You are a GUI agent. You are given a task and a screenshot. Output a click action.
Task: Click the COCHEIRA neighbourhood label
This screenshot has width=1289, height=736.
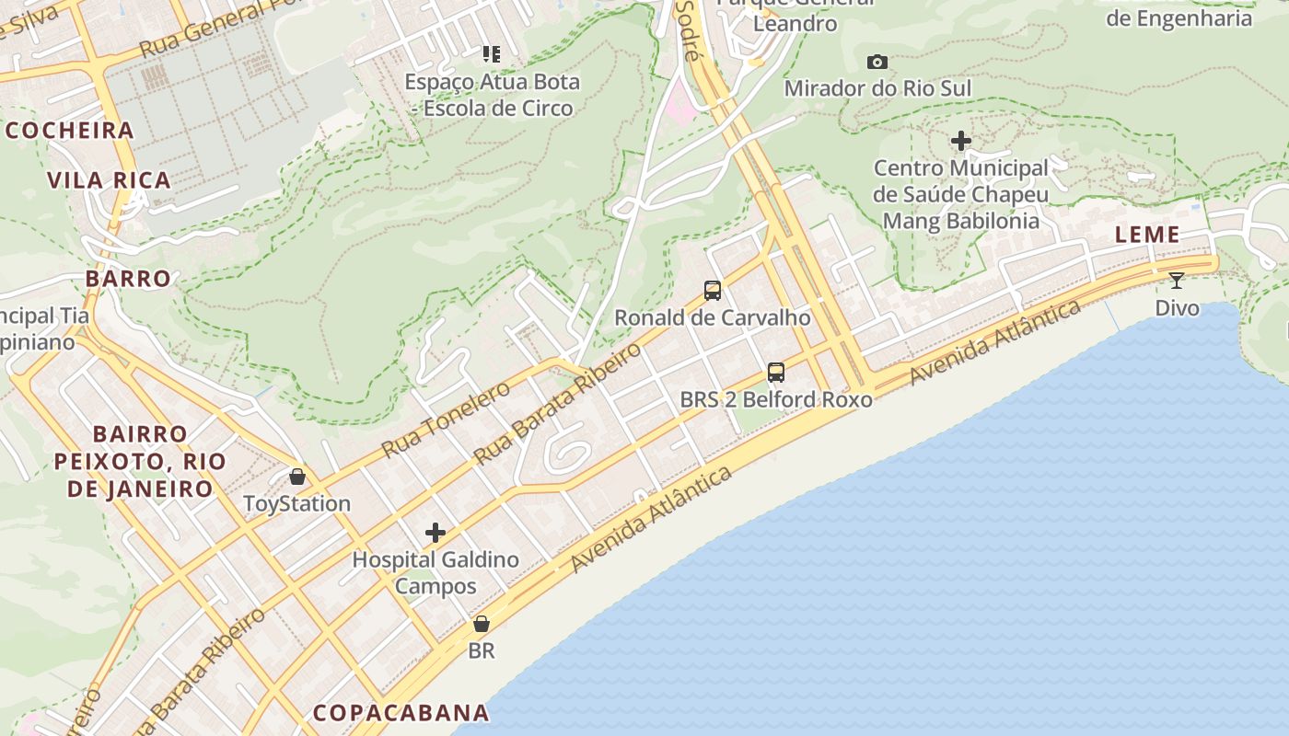point(71,131)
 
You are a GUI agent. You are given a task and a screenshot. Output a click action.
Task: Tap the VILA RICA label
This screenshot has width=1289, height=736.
point(110,180)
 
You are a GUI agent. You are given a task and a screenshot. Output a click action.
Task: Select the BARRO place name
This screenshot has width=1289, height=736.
point(129,279)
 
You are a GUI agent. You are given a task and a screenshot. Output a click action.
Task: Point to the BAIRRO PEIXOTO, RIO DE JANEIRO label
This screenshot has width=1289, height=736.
point(140,461)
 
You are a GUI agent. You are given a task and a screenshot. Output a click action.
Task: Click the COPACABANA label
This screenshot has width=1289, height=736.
point(401,713)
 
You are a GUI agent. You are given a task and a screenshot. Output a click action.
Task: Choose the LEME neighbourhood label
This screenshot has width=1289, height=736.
point(1147,235)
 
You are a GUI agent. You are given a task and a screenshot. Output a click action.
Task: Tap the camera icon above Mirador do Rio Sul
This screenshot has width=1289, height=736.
point(877,62)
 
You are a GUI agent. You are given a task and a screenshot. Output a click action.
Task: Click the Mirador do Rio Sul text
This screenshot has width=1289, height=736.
point(877,88)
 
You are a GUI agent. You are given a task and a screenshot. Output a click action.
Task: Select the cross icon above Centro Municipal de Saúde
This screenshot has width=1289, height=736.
point(961,141)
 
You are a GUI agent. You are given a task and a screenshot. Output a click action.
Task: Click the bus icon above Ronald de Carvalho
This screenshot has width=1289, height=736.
point(713,291)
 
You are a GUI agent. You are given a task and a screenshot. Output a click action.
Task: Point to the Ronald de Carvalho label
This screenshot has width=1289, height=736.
point(713,317)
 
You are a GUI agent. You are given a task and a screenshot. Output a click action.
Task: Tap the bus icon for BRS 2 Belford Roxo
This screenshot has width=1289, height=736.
point(776,373)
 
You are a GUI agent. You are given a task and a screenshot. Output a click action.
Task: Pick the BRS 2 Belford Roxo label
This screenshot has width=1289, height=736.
point(776,399)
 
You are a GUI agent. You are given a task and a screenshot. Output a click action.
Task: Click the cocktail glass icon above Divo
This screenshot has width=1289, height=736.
point(1177,281)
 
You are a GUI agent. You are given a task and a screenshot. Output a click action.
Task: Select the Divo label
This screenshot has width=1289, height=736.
point(1178,307)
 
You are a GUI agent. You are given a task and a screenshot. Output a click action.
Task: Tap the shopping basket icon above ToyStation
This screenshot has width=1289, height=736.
point(297,477)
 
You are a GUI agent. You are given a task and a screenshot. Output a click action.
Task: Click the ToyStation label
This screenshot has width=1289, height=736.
point(297,503)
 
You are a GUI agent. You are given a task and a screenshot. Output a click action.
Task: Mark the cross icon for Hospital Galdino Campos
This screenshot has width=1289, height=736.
point(435,533)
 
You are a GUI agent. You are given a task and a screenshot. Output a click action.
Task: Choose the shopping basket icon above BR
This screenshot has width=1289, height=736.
point(481,624)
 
